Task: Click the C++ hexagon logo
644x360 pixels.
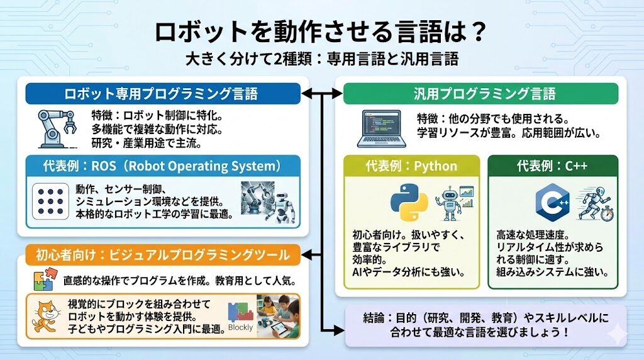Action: coord(551,201)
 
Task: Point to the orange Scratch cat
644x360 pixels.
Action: coord(44,315)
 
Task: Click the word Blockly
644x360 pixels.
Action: coord(240,327)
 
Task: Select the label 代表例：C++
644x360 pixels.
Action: coord(552,167)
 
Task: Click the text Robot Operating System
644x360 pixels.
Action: coord(208,167)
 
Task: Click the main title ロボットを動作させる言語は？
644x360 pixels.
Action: coord(321,33)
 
